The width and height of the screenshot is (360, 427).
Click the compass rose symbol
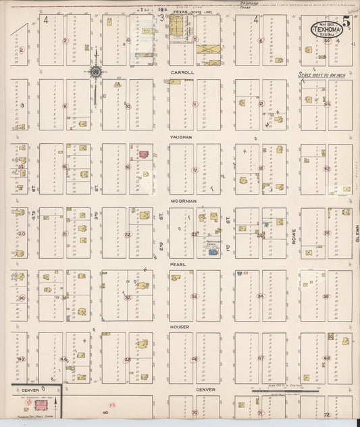(x=97, y=72)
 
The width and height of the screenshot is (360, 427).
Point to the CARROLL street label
(x=182, y=72)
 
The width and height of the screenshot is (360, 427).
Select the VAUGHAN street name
(x=182, y=136)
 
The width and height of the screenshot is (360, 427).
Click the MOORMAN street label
(x=182, y=201)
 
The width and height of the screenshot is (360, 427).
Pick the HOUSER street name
(x=180, y=327)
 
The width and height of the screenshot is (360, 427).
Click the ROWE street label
(x=294, y=234)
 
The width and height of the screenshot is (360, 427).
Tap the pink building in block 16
(x=143, y=154)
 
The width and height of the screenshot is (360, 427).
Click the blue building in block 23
(x=213, y=252)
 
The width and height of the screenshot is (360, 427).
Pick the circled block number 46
(x=195, y=359)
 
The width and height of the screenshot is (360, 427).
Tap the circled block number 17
(x=195, y=170)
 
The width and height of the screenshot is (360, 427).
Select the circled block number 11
(x=195, y=104)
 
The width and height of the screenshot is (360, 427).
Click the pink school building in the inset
(x=30, y=403)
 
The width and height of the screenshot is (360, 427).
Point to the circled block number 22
(x=128, y=234)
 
